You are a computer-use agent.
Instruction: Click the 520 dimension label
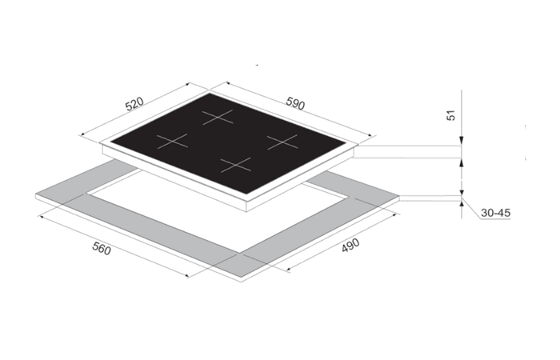point(134,103)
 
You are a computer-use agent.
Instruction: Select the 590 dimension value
point(295,103)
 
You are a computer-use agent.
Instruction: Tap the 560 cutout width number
point(102,248)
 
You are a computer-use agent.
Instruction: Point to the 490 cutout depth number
point(350,246)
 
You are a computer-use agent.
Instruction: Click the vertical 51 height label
point(451,115)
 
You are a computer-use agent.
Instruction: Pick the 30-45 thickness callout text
point(496,213)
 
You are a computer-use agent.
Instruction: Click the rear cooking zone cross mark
point(218,117)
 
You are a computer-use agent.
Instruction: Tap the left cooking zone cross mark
point(173,141)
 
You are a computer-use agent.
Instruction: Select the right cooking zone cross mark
point(282,142)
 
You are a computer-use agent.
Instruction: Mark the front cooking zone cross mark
point(236,165)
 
